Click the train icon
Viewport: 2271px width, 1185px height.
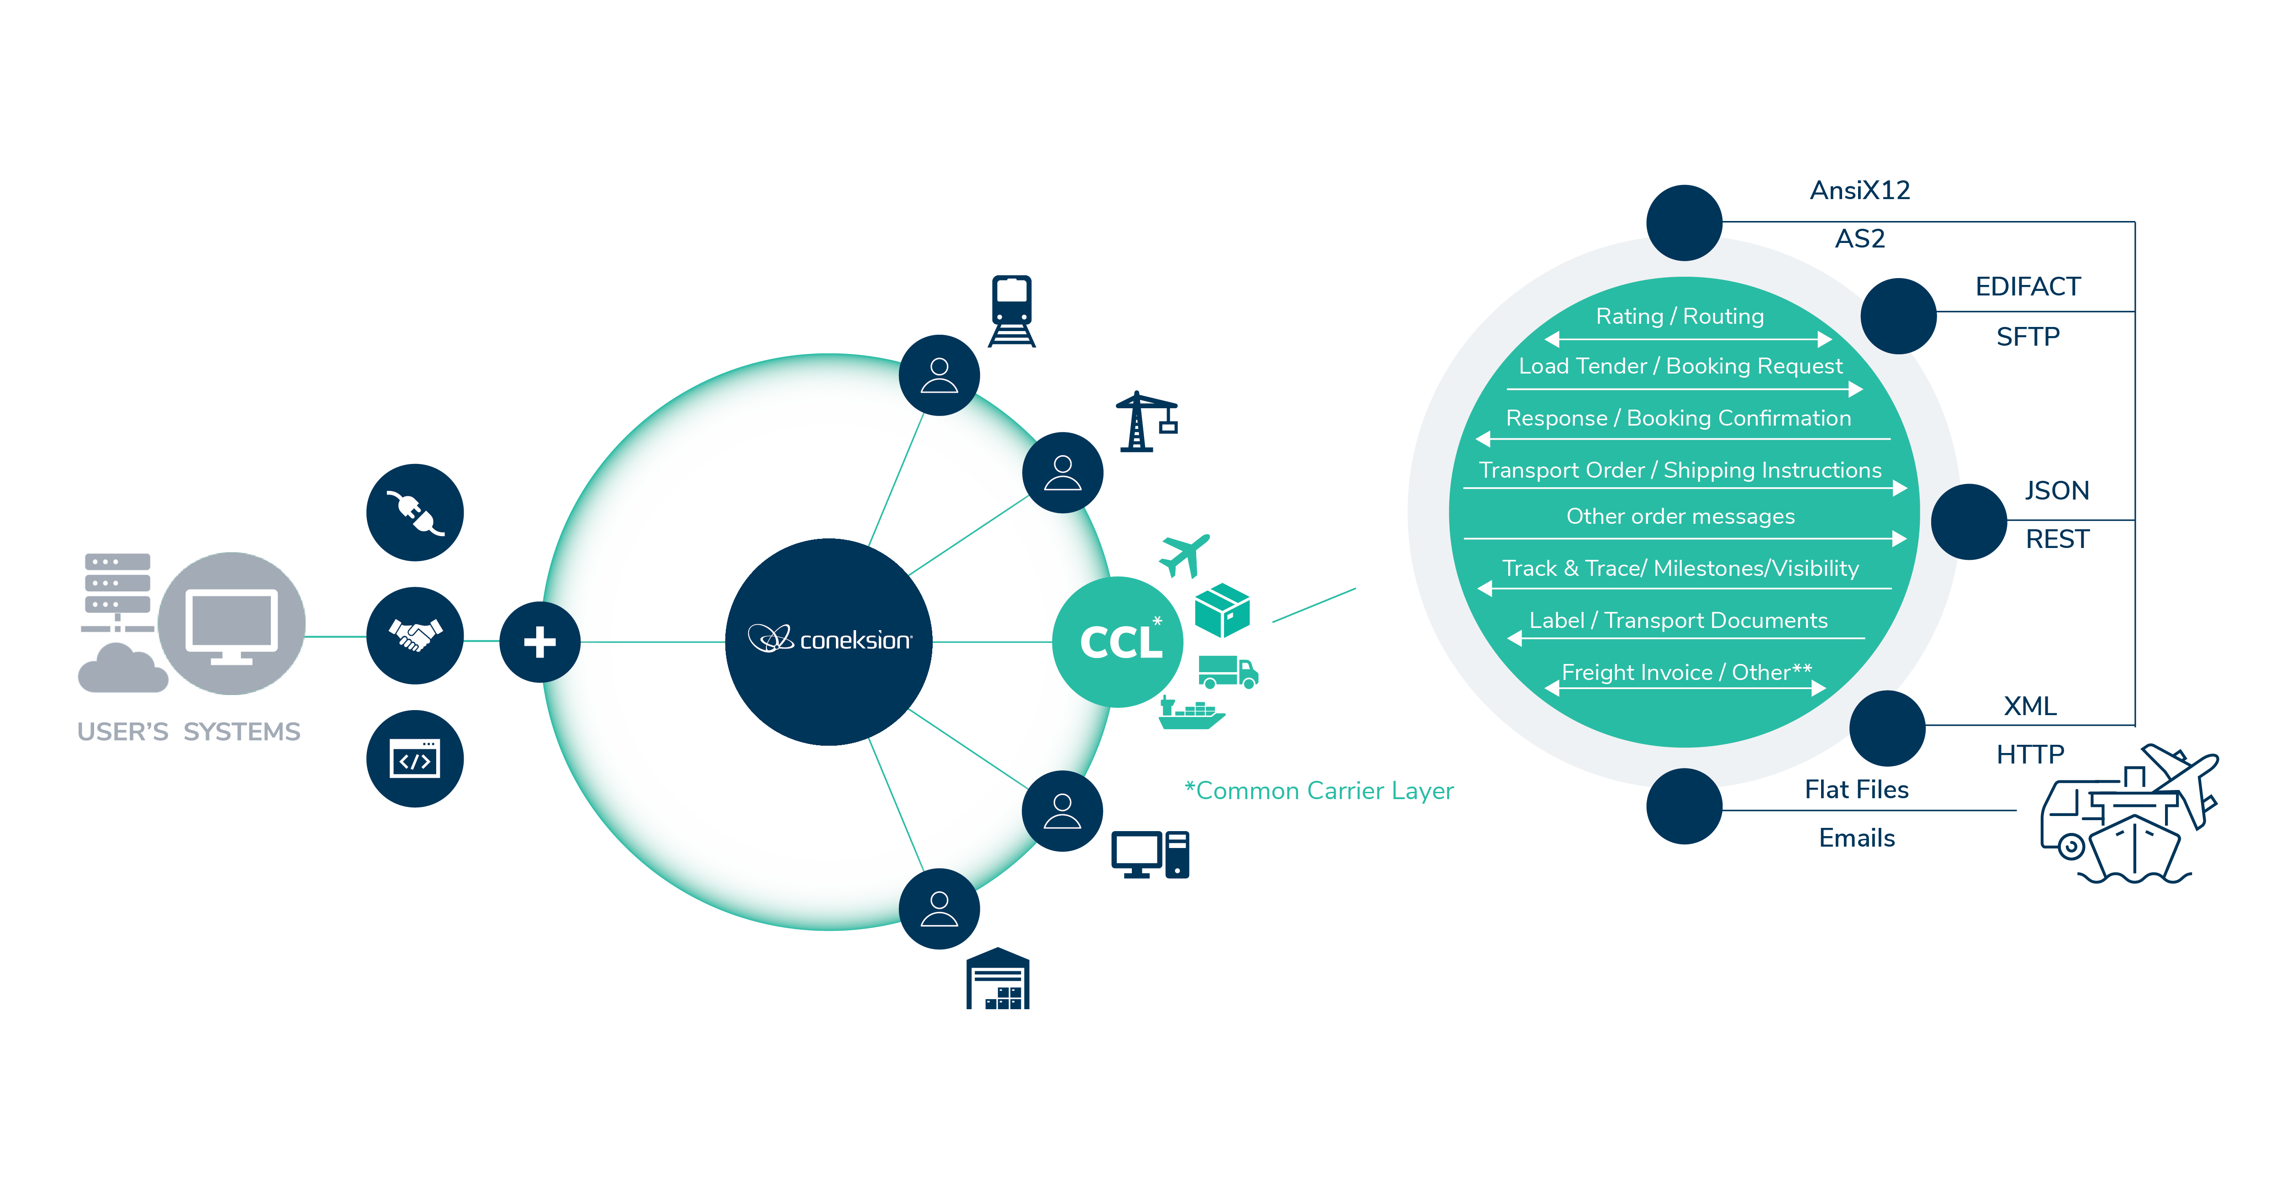[1011, 311]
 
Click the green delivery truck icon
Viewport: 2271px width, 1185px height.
[1227, 672]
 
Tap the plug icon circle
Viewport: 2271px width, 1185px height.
[414, 512]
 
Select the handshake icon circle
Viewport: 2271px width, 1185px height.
[414, 635]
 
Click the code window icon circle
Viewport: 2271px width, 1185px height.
[414, 758]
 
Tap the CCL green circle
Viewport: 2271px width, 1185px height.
[1118, 642]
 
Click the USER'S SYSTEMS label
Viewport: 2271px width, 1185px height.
[189, 732]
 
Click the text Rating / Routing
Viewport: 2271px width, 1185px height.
[1679, 316]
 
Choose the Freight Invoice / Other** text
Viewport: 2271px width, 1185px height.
[1685, 673]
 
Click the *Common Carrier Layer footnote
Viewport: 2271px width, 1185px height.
[1319, 791]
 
